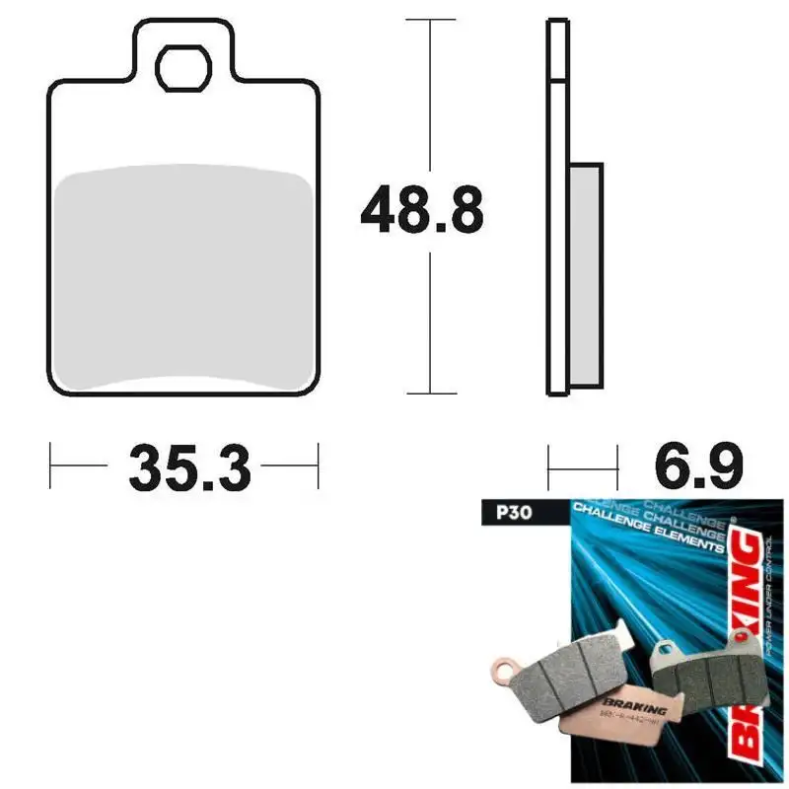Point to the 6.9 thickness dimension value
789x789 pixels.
coord(694,466)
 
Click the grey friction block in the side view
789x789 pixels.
coord(585,274)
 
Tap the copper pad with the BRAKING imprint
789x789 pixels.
coord(631,710)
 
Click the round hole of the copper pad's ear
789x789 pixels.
coord(507,674)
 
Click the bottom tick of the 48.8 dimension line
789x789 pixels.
coord(430,394)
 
